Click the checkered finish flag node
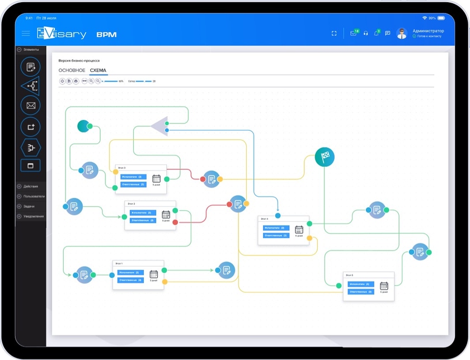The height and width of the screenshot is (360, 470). (x=324, y=157)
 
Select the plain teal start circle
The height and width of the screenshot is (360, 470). (x=84, y=126)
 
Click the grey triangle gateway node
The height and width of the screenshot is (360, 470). (x=160, y=126)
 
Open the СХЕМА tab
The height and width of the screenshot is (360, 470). (x=98, y=70)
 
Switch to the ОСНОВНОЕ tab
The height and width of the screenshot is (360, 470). (x=72, y=70)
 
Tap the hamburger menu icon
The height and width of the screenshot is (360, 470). (x=26, y=34)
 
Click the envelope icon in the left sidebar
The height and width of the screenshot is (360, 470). (x=30, y=105)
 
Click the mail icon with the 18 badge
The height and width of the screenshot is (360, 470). (x=354, y=34)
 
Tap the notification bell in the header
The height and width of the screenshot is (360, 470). (x=376, y=34)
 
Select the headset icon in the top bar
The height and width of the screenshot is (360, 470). (x=366, y=34)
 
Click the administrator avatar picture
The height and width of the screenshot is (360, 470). (x=402, y=34)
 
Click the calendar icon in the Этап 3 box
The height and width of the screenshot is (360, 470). (x=156, y=178)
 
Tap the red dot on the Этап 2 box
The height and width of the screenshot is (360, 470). (x=175, y=222)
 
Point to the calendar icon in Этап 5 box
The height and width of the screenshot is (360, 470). (x=384, y=285)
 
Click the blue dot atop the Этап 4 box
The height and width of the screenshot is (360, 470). (x=278, y=216)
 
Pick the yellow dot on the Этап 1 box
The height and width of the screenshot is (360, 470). (x=164, y=282)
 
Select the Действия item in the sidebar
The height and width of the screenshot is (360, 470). (x=31, y=186)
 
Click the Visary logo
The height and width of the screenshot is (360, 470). (x=62, y=34)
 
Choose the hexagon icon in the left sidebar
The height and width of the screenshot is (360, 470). (x=30, y=148)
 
